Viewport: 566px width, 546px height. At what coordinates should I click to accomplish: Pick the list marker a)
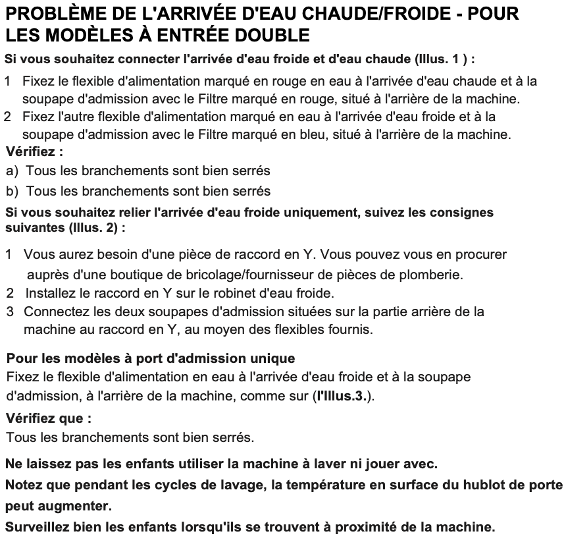13,171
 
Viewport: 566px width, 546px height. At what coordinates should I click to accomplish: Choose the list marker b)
13,192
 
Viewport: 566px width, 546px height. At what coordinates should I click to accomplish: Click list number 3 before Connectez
10,311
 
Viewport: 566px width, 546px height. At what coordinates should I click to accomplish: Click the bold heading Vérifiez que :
48,418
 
